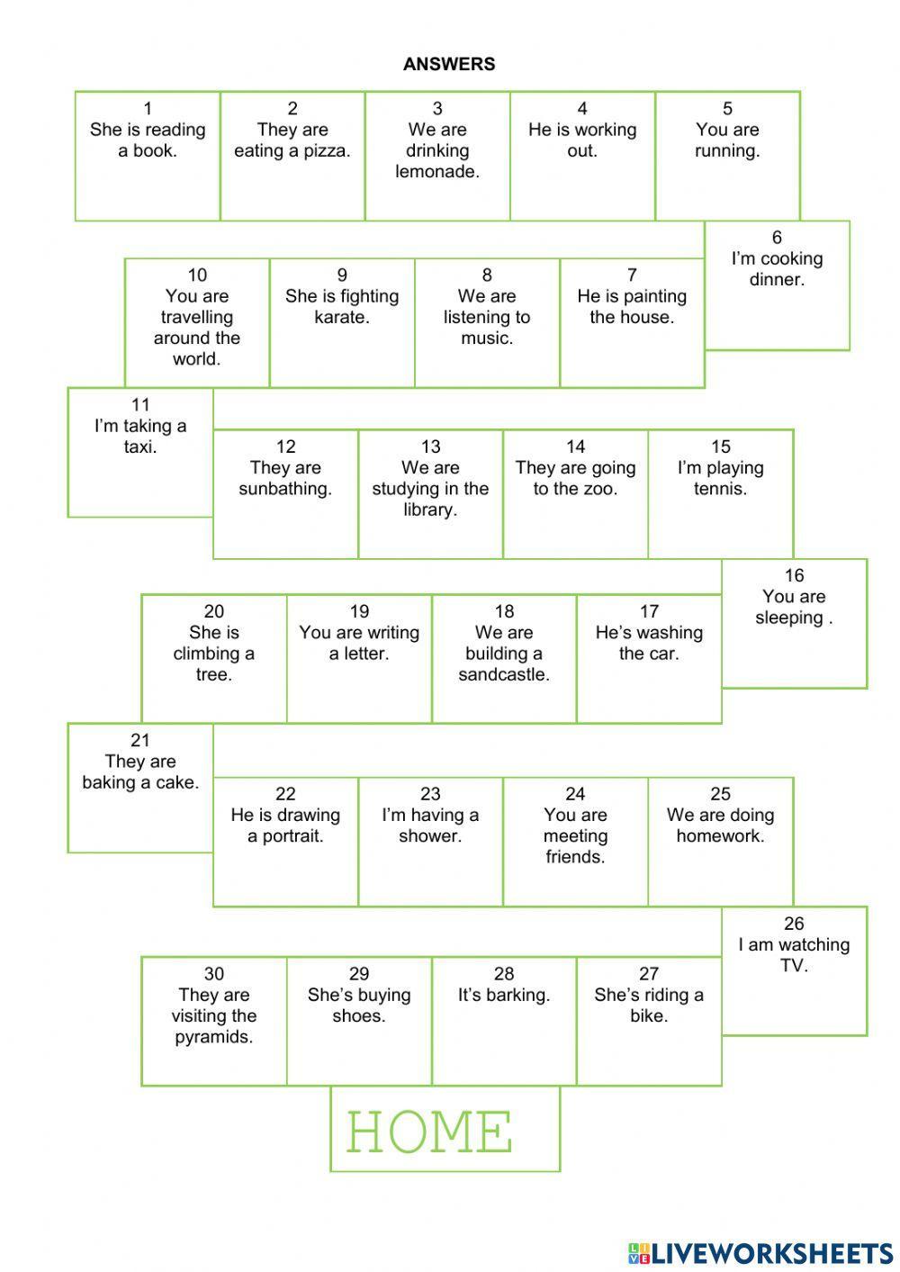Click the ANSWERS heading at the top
pos(448,64)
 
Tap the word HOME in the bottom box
pos(429,1132)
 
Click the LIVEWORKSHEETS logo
pos(760,1252)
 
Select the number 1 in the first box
pos(148,109)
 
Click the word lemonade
pos(437,172)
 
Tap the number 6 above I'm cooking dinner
pos(777,238)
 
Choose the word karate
pos(342,317)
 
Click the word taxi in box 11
pos(140,447)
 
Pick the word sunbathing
pos(285,489)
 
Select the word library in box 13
pos(430,510)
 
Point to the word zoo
pos(601,489)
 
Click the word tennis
pos(720,489)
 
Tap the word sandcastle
pos(504,675)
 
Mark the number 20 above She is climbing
pos(214,612)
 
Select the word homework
pos(720,836)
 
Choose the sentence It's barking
pos(504,996)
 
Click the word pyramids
pos(214,1037)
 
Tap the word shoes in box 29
pos(359,1016)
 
